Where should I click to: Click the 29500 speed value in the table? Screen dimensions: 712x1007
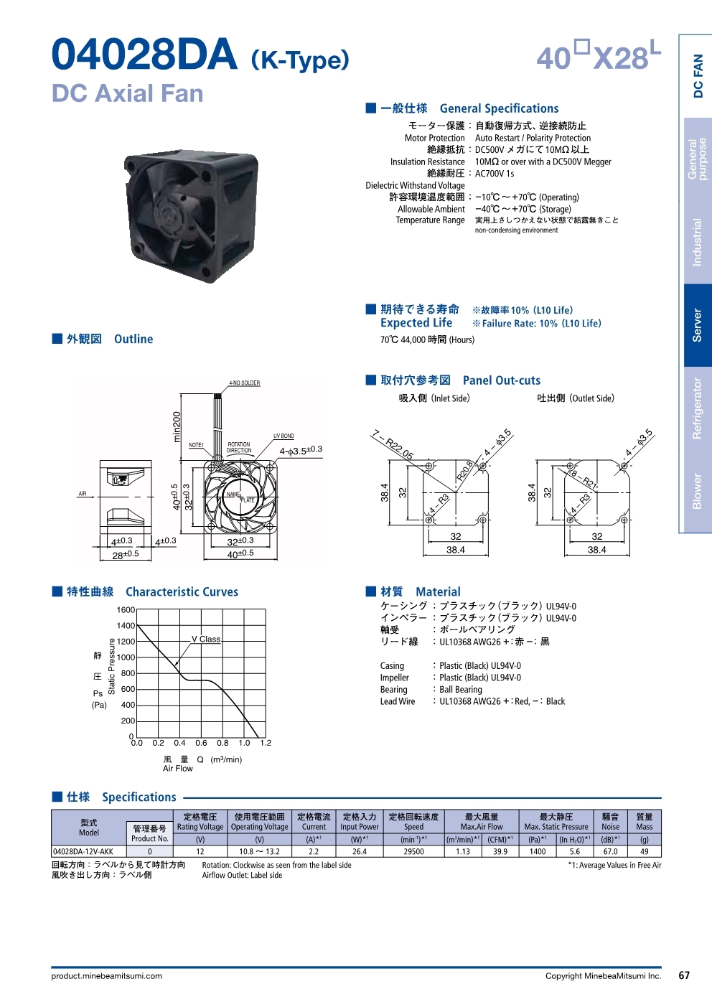pyautogui.click(x=413, y=851)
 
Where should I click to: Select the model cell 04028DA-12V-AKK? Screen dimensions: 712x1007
pyautogui.click(x=83, y=851)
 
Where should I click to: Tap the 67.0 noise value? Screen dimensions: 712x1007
pyautogui.click(x=610, y=851)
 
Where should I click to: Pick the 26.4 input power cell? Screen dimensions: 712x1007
pyautogui.click(x=359, y=851)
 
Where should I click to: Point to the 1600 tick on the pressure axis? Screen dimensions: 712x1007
pyautogui.click(x=126, y=609)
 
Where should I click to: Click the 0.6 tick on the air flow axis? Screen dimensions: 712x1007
pyautogui.click(x=201, y=743)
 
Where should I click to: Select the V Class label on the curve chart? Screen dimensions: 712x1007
pyautogui.click(x=206, y=639)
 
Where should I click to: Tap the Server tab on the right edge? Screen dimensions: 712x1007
pyautogui.click(x=697, y=325)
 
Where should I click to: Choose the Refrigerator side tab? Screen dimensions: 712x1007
pyautogui.click(x=697, y=408)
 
